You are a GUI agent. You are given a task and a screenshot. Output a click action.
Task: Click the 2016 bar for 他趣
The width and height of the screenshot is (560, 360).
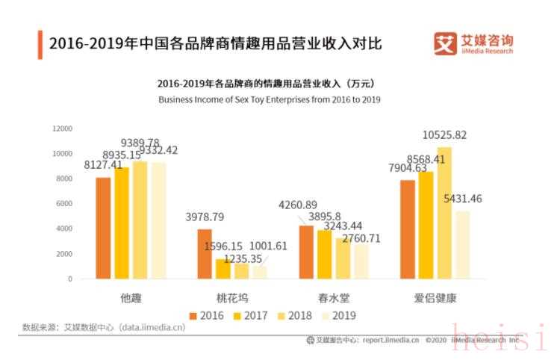(x=103, y=228)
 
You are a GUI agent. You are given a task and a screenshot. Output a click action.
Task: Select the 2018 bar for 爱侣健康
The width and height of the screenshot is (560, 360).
(x=444, y=213)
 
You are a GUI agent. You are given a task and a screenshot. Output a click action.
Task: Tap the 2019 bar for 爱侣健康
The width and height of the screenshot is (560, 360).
(x=463, y=245)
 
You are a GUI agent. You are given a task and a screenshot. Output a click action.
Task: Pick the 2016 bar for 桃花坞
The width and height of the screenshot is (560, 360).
(x=205, y=254)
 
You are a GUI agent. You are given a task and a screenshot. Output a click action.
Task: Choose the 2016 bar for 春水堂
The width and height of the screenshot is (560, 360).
(x=306, y=252)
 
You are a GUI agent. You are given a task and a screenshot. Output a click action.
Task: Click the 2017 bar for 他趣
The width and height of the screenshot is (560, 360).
(x=122, y=223)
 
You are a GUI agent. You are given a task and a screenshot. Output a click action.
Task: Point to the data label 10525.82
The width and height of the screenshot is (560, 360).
(x=444, y=135)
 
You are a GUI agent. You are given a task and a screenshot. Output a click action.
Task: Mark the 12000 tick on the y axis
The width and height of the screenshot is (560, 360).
(x=62, y=128)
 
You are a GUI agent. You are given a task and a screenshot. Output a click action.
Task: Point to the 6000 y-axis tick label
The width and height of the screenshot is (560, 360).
(x=64, y=203)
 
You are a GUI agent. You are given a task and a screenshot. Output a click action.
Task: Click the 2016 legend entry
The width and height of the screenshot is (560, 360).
(x=205, y=316)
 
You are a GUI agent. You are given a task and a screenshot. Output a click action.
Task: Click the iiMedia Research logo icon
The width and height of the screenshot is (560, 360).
(x=445, y=43)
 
